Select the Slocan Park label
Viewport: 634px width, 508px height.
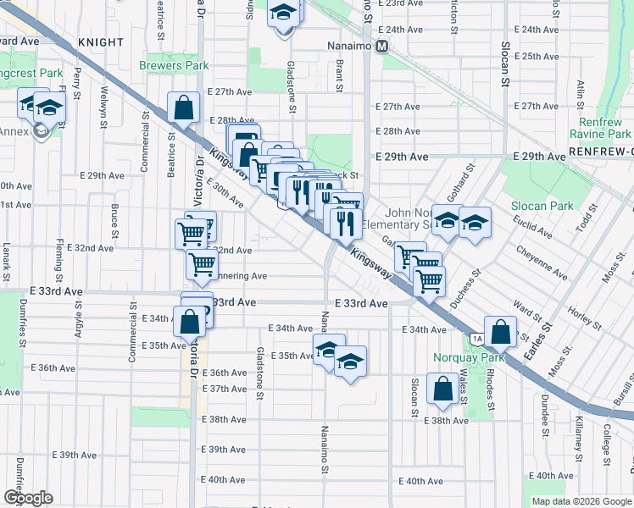[542, 206]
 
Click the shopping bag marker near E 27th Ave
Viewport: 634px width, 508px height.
[184, 108]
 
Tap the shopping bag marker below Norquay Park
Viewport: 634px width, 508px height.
[443, 390]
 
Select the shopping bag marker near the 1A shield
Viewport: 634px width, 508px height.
[500, 333]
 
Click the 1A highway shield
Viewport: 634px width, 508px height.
[477, 339]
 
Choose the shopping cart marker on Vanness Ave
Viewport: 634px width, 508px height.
[203, 265]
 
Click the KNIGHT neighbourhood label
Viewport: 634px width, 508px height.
[100, 41]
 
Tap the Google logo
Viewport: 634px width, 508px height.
[28, 498]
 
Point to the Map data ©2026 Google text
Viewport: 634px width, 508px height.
[581, 501]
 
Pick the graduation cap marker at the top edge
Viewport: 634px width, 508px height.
[285, 14]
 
